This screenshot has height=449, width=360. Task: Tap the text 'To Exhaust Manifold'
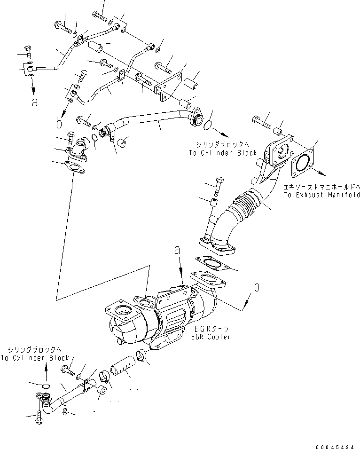pyautogui.click(x=321, y=195)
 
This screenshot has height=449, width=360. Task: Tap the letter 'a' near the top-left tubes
pyautogui.click(x=34, y=102)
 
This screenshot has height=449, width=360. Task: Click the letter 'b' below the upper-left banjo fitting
pyautogui.click(x=59, y=123)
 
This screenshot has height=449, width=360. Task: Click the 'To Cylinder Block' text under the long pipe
pyautogui.click(x=223, y=153)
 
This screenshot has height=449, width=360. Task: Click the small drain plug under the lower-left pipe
pyautogui.click(x=66, y=413)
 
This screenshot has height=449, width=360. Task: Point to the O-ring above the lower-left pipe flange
pyautogui.click(x=45, y=386)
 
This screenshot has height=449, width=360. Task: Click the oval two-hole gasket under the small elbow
pyautogui.click(x=74, y=168)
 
